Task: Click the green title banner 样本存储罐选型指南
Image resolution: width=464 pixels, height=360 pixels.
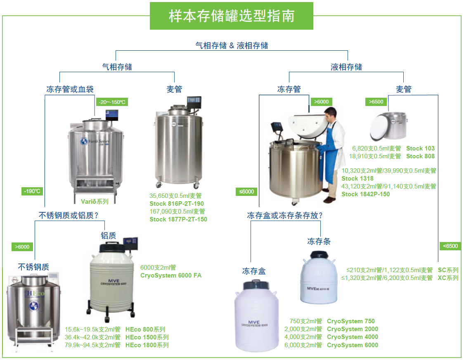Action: coord(232,16)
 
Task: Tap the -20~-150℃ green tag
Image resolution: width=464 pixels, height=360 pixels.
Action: coord(112,102)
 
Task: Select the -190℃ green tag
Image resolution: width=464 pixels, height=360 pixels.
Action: coord(32,191)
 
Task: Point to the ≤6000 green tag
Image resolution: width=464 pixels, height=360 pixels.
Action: coord(246,191)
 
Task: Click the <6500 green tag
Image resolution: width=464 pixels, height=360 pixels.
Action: coord(450,246)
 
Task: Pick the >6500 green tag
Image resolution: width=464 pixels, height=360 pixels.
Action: coord(376,102)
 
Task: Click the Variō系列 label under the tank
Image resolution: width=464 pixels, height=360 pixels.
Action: coord(95,202)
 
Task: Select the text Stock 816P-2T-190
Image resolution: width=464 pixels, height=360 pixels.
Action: coord(177,204)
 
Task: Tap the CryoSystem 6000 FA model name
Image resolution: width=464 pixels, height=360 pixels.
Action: coord(171,275)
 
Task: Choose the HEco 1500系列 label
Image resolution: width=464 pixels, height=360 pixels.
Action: coord(147,337)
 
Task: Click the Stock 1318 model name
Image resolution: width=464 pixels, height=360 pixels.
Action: coord(357,179)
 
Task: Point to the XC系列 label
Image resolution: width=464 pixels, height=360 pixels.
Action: coord(448,278)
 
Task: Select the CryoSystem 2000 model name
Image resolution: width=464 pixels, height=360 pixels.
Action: coord(353,329)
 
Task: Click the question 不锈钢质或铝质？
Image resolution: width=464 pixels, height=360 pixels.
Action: coord(69,216)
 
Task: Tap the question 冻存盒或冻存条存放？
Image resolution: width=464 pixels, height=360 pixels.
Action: coord(285,216)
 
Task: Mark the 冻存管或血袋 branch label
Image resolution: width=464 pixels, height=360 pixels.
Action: coord(70,89)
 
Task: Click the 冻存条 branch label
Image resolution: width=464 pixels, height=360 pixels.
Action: coord(319,242)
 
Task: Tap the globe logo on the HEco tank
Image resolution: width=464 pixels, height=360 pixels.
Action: coord(34,306)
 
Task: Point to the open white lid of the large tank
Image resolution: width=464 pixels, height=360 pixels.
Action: coord(308,126)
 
